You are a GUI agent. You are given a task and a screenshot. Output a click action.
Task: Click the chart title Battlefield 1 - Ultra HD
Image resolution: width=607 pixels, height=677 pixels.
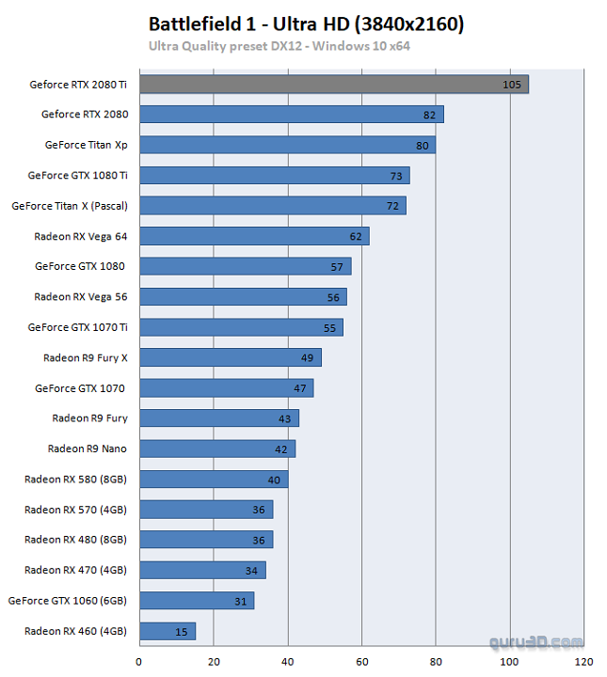306,24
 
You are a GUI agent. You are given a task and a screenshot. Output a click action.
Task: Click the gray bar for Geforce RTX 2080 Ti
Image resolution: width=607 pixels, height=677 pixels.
333,85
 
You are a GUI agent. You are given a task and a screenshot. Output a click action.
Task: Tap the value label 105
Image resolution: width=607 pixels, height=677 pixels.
512,85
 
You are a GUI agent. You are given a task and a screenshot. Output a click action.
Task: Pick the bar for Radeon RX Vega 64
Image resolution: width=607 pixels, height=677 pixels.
254,236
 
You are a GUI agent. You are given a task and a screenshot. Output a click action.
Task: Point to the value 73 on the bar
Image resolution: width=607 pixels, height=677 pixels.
396,176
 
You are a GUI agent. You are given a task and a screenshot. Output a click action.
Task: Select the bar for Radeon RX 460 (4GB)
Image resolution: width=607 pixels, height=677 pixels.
168,631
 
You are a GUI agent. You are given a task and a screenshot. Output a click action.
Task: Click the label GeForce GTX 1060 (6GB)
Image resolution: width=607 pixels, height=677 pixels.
67,600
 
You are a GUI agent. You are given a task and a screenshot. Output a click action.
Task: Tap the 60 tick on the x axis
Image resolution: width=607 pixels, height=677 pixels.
361,660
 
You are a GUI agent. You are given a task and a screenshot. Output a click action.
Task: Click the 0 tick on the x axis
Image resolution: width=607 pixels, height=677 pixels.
139,660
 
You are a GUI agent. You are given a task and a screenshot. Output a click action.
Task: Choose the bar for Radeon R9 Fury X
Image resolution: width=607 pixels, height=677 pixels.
231,357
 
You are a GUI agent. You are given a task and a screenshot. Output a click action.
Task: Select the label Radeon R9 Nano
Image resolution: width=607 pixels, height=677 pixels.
87,449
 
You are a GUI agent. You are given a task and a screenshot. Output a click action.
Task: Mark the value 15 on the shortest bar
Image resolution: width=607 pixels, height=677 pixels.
181,632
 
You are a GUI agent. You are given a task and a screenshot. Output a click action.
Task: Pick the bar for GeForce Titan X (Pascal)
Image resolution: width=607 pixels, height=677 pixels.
273,205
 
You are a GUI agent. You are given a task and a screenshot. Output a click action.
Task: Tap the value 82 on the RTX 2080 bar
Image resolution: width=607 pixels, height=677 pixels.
429,115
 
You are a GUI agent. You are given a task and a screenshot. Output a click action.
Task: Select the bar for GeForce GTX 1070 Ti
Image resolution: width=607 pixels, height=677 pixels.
241,327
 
